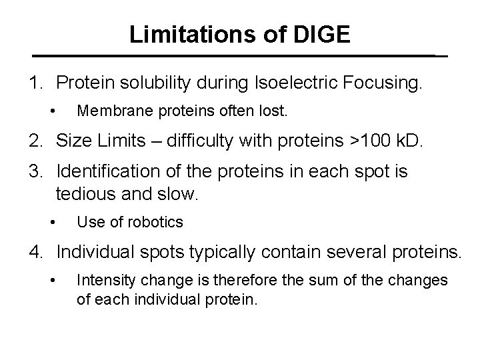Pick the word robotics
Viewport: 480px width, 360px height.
coord(156,221)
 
